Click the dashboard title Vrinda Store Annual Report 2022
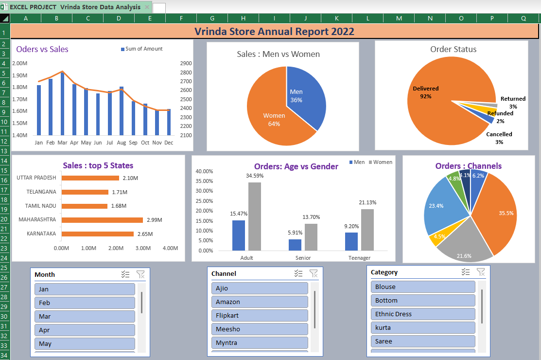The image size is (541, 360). [x=274, y=32]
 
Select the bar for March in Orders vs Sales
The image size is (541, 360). [x=62, y=105]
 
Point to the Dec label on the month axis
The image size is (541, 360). [x=169, y=143]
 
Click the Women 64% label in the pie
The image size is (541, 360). [x=274, y=120]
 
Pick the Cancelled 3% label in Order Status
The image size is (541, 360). [x=499, y=138]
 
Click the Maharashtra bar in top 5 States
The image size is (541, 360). [x=102, y=220]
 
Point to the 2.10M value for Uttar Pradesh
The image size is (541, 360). [x=130, y=178]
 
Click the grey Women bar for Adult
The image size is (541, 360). [x=255, y=216]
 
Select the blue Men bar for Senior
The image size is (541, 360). [x=295, y=245]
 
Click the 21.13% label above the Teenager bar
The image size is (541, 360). [x=367, y=202]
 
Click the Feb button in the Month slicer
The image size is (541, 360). [x=85, y=303]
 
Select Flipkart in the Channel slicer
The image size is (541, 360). [x=260, y=315]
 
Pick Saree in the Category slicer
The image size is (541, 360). [x=422, y=341]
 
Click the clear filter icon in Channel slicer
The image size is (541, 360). [x=314, y=273]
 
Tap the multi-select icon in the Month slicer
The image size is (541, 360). [x=125, y=274]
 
